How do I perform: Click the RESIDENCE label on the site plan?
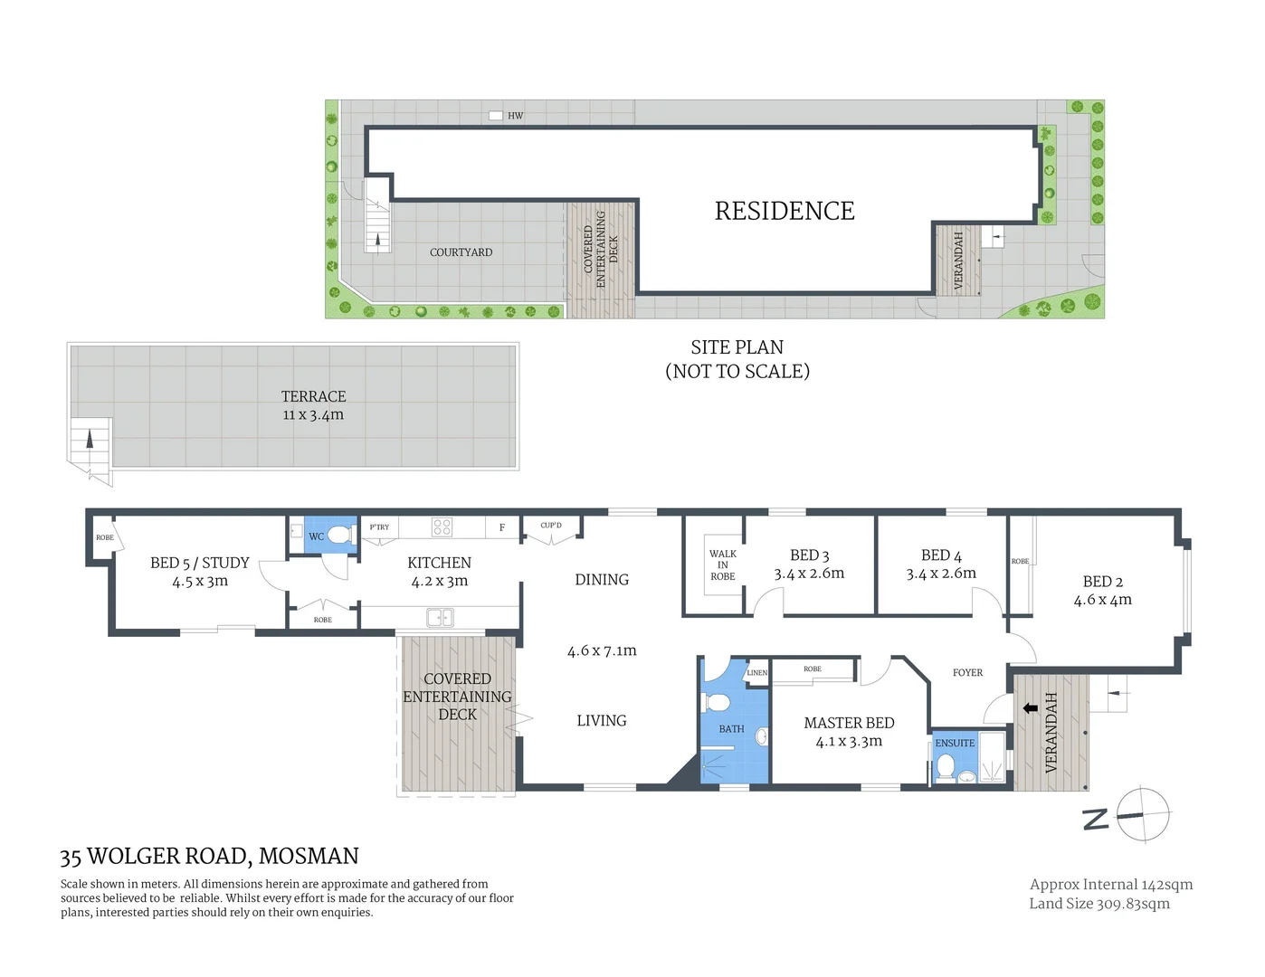click(784, 211)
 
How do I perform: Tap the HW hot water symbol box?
click(496, 116)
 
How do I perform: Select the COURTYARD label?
click(461, 252)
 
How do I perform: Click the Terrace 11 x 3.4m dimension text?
click(313, 415)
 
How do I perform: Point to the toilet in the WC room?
click(340, 535)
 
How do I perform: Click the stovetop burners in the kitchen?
click(442, 526)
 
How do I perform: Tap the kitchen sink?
click(440, 618)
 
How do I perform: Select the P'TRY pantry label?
click(379, 527)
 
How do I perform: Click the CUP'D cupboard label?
click(550, 526)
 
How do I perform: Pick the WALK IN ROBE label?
click(722, 564)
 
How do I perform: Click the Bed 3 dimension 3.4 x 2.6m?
click(809, 574)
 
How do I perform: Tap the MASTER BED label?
click(849, 723)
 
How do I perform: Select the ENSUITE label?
click(955, 743)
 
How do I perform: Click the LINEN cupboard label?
click(756, 673)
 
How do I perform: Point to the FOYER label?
click(967, 672)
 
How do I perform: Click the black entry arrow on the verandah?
click(1030, 708)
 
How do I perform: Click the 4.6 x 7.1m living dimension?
click(602, 650)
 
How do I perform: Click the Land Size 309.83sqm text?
click(1099, 903)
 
